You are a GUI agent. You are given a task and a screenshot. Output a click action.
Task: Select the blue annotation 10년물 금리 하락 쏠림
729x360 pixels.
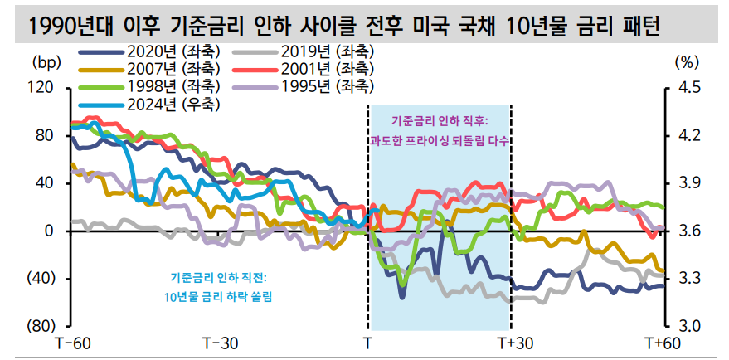coord(219,295)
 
